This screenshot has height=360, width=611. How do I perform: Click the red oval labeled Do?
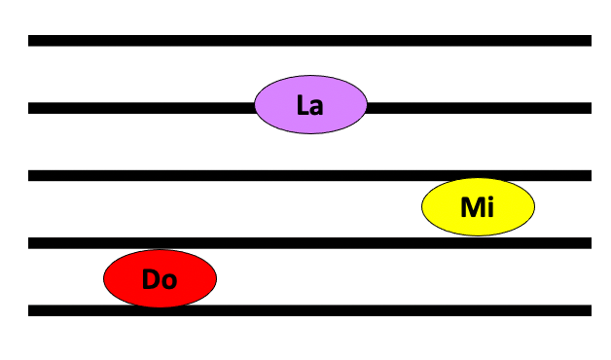pos(160,278)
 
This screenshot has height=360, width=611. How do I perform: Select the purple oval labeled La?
pos(310,104)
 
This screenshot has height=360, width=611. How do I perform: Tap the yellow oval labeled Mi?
pos(478,207)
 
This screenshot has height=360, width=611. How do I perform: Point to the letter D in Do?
pos(151,279)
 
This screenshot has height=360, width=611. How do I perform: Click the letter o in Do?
pos(169,282)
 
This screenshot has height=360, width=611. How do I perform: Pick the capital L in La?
pos(303,104)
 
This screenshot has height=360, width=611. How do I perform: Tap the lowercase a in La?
pos(316,107)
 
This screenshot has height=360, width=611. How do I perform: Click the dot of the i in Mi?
pos(490,198)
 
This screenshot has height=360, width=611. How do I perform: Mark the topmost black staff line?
pos(309,41)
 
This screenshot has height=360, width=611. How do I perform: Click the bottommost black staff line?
pos(309,310)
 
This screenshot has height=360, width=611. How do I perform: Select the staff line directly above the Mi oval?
pos(309,175)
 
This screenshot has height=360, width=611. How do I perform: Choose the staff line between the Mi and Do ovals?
pos(309,243)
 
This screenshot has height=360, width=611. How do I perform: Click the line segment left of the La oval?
pos(141,108)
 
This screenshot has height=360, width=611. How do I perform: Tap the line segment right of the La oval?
pos(479,108)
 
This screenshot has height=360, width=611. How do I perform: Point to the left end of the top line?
pos(28,41)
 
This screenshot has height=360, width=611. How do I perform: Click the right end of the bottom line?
pos(592,310)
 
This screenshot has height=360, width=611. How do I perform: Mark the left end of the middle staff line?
pos(28,175)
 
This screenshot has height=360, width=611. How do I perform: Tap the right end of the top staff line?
pos(592,41)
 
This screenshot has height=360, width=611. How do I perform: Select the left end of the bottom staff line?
pos(28,310)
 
